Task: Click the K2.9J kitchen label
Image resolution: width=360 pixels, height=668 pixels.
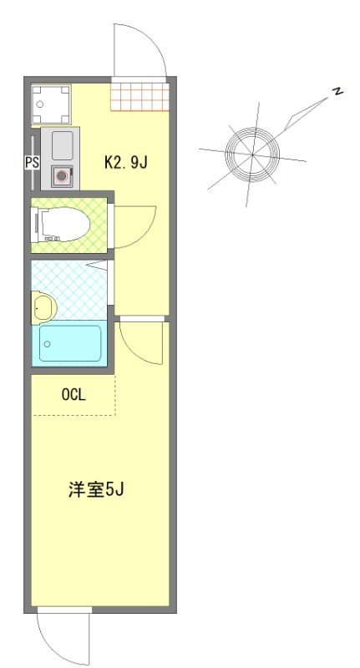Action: (x=125, y=162)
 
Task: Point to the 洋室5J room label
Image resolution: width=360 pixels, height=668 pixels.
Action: (x=96, y=489)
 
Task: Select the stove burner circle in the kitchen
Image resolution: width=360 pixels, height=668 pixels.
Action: (x=60, y=176)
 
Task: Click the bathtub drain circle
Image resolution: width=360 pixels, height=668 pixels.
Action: (x=48, y=344)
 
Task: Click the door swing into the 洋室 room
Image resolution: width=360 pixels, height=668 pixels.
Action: (x=140, y=342)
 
